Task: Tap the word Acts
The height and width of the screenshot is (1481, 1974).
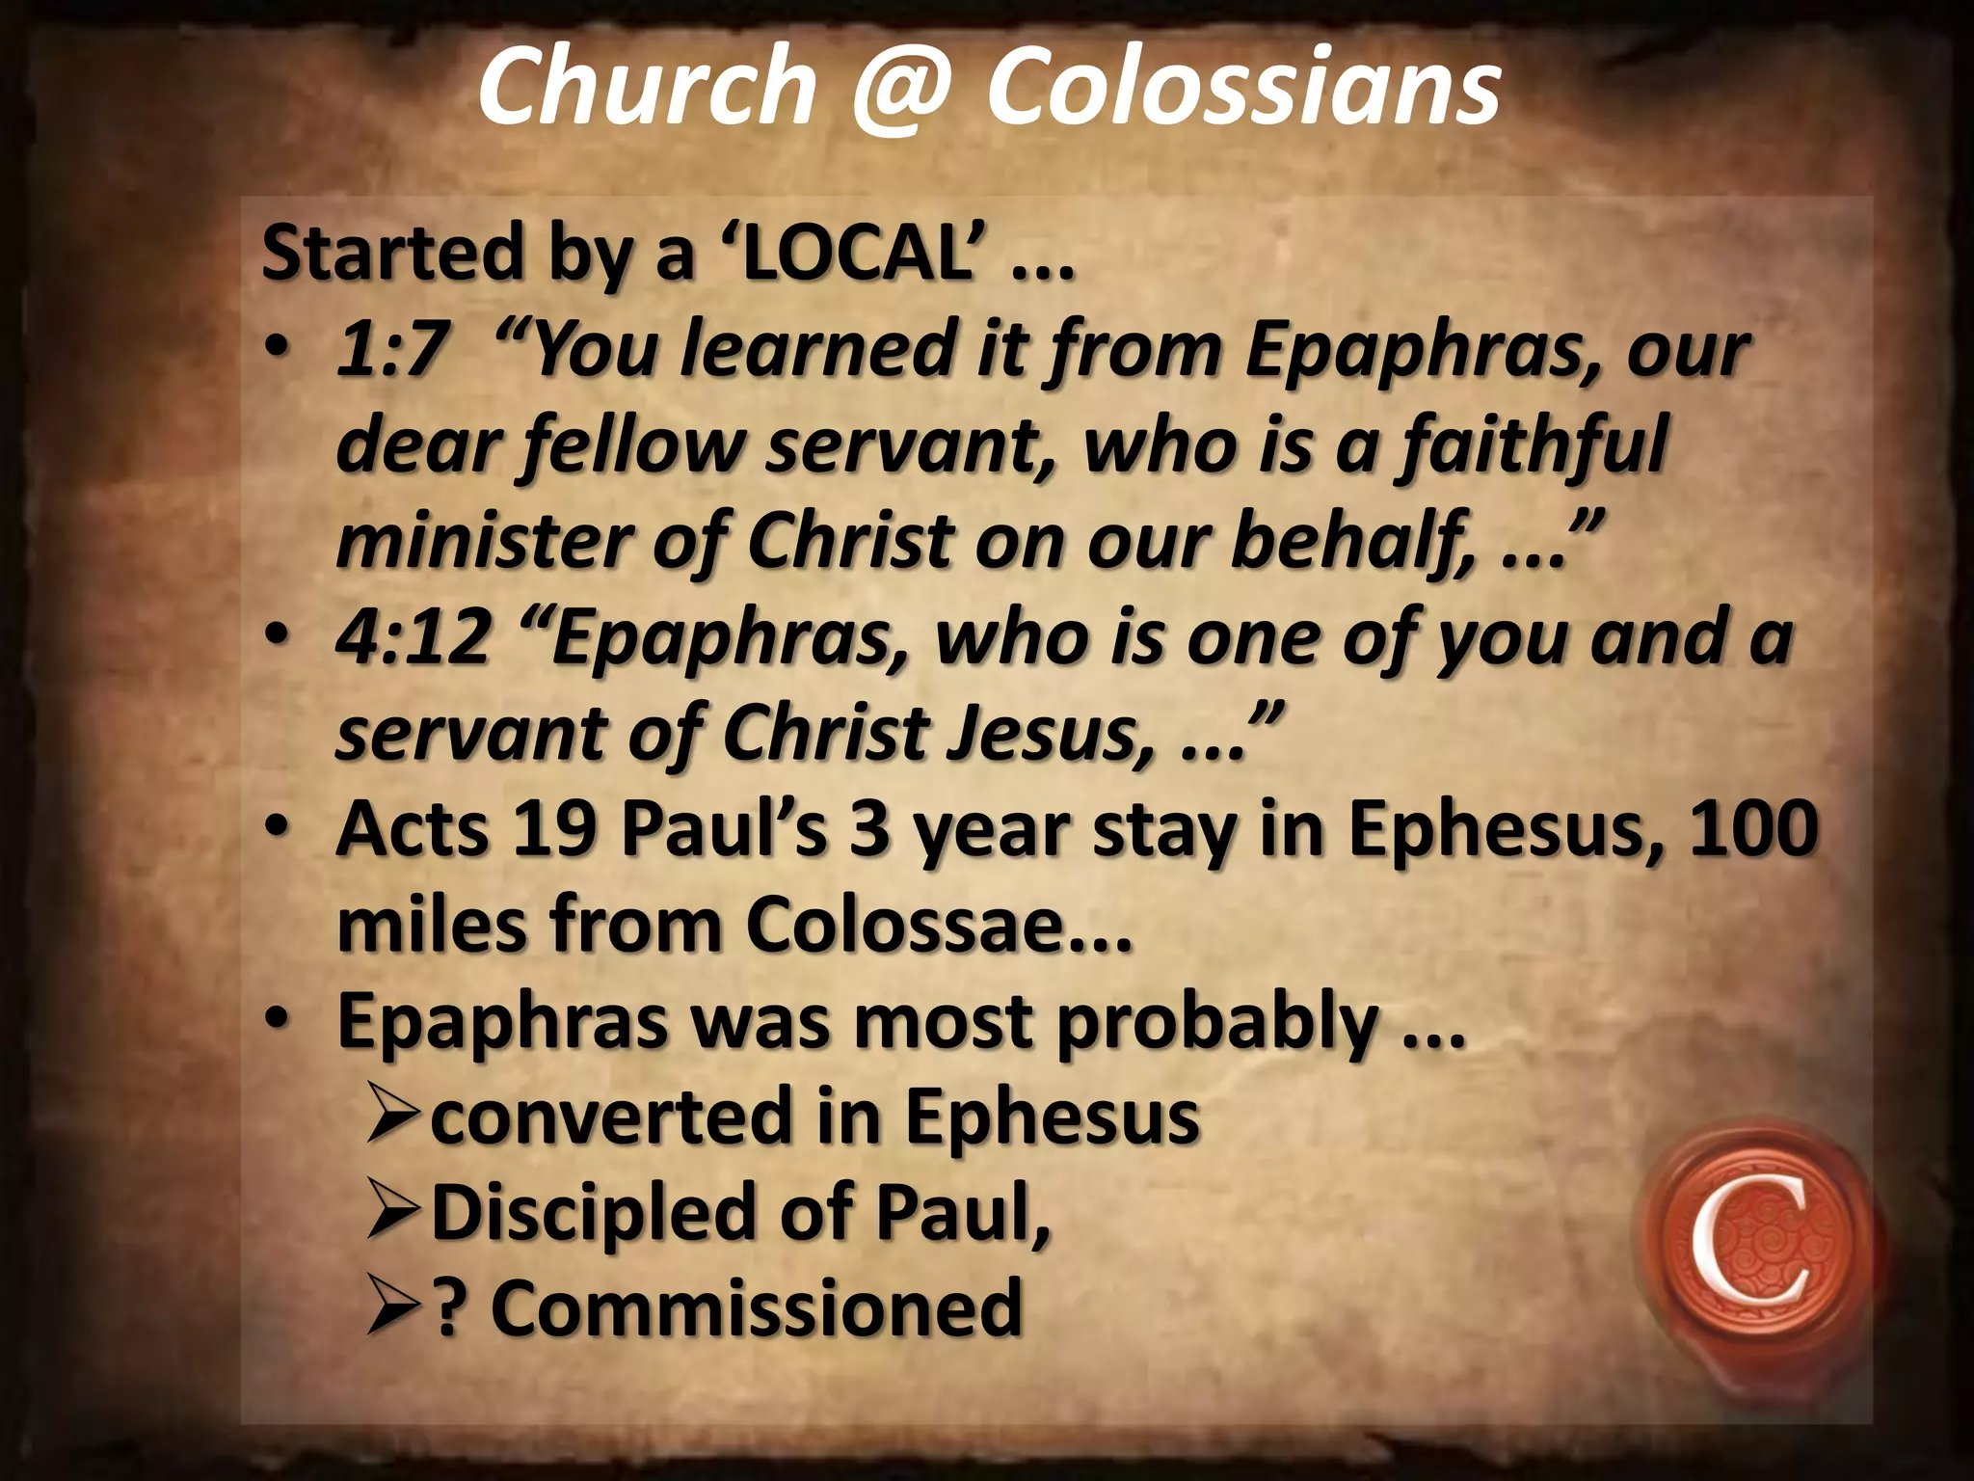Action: tap(413, 830)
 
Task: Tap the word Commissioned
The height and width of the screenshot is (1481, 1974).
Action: tap(756, 1308)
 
